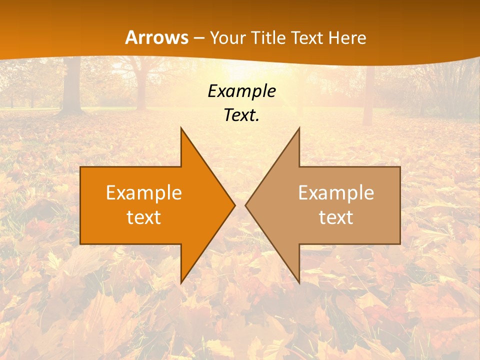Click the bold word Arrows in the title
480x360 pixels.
tap(156, 37)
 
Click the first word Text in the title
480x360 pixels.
tap(309, 38)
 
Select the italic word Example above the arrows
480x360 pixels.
tap(242, 91)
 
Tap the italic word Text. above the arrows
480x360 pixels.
tap(242, 115)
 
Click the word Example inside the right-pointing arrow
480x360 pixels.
tap(144, 192)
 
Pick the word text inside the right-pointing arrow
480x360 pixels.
tap(144, 217)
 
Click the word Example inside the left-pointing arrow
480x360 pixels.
tap(336, 192)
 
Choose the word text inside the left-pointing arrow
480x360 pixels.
tap(336, 217)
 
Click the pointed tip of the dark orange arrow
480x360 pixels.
tap(234, 205)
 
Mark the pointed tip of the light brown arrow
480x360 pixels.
tap(246, 205)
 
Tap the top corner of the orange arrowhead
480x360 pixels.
tap(181, 128)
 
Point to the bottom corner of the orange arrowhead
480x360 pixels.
tap(181, 282)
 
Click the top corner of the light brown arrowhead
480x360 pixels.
tap(299, 128)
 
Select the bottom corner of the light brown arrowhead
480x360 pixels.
tap(299, 282)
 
